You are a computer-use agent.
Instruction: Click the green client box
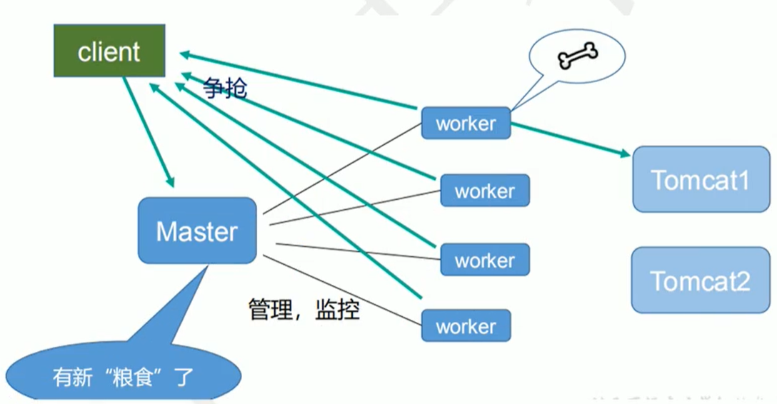coord(109,51)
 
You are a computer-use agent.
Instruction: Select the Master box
coord(197,231)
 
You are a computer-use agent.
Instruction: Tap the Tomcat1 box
coord(700,179)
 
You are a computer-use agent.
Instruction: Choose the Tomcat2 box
coord(700,281)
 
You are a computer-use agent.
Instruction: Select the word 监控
coord(336,309)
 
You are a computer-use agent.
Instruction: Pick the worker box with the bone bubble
coord(466,123)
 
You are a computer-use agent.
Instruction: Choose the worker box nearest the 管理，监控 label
coord(466,326)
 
